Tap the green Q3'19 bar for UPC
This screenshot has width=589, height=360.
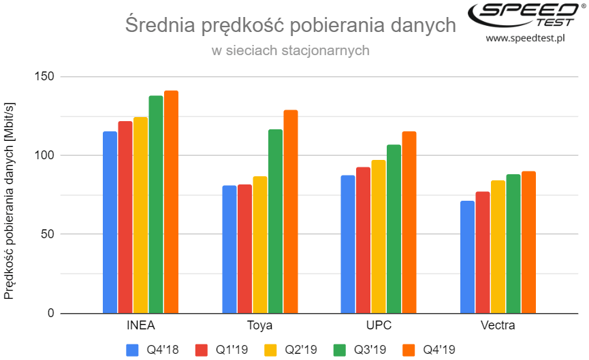click(394, 229)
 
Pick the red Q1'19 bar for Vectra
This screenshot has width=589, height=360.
click(482, 252)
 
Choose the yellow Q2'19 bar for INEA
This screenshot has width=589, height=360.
click(141, 215)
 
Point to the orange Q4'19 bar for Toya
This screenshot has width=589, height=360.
click(291, 212)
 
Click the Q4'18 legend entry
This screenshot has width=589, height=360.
click(154, 350)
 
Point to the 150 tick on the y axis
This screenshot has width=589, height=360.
click(45, 77)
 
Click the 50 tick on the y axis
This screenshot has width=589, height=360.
click(48, 235)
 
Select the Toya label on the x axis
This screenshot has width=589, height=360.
click(260, 325)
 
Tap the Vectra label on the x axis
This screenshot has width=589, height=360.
click(498, 325)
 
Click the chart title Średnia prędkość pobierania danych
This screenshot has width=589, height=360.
click(290, 26)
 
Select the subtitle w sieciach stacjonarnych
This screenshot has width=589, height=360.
click(290, 50)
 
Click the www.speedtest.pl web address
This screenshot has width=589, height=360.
click(526, 38)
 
